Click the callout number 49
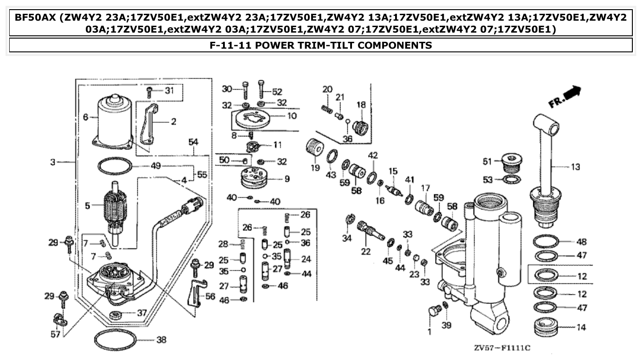click(156, 166)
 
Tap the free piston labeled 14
click(545, 327)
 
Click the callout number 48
click(581, 242)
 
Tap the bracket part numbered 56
click(195, 294)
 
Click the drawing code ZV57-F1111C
click(502, 348)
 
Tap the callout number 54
click(194, 143)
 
